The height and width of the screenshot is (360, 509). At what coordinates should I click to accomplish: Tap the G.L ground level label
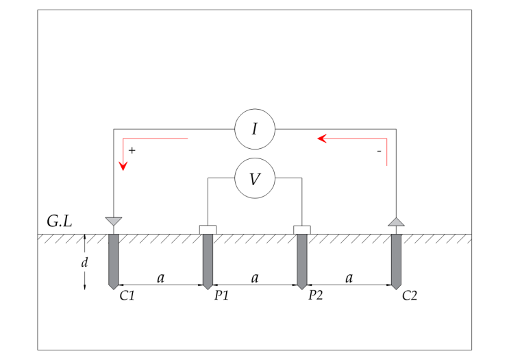click(x=60, y=221)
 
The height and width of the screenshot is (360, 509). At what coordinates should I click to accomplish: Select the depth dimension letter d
click(x=84, y=262)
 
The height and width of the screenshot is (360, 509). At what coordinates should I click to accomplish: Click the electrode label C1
click(x=127, y=296)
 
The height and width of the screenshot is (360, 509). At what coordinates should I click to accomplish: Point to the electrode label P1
click(x=221, y=296)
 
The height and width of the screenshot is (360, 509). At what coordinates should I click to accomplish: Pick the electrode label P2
click(x=316, y=295)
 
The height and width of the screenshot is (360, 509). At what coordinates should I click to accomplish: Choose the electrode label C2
click(x=410, y=296)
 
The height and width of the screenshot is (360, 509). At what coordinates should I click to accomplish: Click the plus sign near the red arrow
click(x=132, y=150)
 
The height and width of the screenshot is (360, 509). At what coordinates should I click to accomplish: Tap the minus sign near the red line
click(x=379, y=152)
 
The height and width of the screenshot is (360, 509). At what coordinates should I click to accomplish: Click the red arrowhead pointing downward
click(x=123, y=165)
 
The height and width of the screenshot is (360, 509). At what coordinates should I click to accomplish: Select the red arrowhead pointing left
click(x=322, y=139)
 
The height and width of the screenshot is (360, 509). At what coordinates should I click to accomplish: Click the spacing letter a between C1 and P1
click(x=161, y=278)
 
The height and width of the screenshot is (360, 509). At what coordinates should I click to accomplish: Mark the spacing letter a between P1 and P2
click(x=255, y=278)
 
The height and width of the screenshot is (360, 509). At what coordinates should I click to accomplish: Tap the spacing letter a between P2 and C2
click(x=349, y=278)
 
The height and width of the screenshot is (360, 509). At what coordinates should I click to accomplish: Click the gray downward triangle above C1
click(x=114, y=221)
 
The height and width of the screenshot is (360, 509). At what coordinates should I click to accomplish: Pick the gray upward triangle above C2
click(x=397, y=223)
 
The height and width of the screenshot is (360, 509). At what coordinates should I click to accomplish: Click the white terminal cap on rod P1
click(x=208, y=230)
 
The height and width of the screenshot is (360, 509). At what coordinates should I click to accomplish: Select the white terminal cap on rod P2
click(x=302, y=230)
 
